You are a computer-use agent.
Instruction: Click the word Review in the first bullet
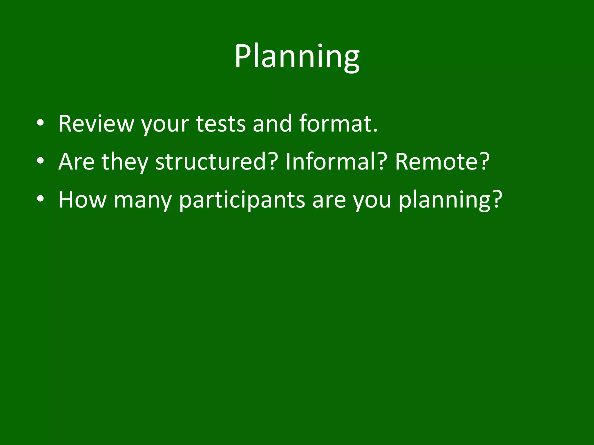96,124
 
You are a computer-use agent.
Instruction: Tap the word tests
221,124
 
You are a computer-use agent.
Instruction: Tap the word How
82,200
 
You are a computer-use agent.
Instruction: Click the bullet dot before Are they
40,162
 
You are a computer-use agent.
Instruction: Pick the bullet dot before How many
40,200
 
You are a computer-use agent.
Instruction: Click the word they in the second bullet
124,162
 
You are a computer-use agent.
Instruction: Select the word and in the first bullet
272,124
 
